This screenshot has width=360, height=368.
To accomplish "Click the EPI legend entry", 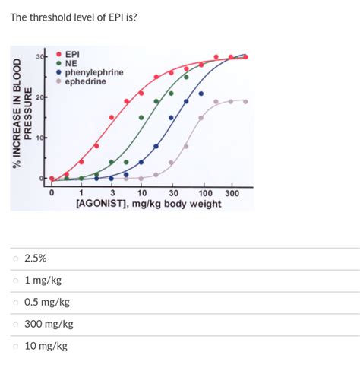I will [x=73, y=55].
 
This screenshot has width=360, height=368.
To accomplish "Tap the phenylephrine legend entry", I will [x=93, y=71].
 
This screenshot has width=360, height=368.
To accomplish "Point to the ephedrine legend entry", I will [x=85, y=80].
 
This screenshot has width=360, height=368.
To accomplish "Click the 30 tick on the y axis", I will [x=40, y=56].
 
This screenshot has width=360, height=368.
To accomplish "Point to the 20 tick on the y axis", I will [x=40, y=97].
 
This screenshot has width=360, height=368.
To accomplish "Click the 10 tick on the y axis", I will [x=40, y=138].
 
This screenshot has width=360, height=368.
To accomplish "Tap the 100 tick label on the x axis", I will [x=205, y=193].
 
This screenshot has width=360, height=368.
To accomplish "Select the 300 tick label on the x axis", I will [x=232, y=193].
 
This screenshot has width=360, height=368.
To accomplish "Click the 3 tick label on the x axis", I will [x=112, y=193].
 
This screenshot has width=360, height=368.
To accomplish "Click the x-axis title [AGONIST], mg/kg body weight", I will [x=148, y=204].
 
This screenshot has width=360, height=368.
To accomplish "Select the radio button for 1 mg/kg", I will [x=15, y=281].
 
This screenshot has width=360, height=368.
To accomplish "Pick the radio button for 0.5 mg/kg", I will [x=15, y=303].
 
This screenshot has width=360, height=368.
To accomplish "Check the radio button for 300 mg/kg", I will [x=15, y=325].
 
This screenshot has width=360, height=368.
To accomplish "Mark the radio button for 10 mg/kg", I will [x=15, y=347].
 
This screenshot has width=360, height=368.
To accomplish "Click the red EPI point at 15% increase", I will [x=112, y=117].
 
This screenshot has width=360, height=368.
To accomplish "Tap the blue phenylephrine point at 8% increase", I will [x=156, y=146].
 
